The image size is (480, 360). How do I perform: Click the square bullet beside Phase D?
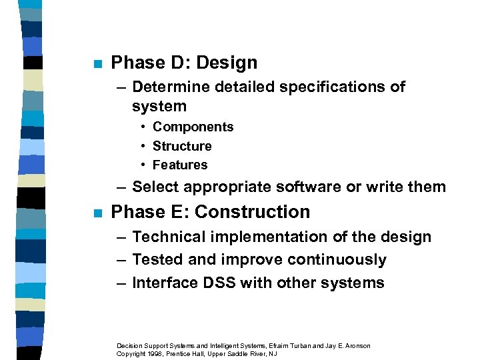click(97, 65)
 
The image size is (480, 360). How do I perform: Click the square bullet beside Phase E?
click(97, 214)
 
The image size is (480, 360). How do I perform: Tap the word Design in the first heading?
click(227, 63)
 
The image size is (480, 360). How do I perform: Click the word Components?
click(193, 127)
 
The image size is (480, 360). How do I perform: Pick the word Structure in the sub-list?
click(182, 145)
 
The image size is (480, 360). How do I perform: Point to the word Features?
click(180, 165)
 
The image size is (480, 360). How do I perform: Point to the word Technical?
click(167, 237)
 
